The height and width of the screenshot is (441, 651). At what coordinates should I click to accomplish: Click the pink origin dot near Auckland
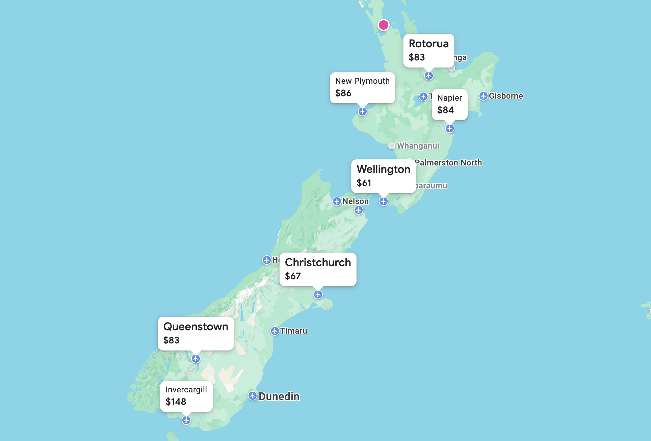[383, 25]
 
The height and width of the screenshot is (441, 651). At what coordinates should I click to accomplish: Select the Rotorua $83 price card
[428, 50]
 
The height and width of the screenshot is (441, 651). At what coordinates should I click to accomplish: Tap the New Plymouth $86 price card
[362, 87]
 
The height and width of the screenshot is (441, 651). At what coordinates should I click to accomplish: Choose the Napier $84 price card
[449, 104]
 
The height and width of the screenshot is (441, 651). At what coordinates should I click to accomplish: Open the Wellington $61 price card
[383, 176]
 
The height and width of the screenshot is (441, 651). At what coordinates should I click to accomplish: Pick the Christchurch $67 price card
[318, 269]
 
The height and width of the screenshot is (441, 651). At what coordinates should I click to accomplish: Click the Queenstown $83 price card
[196, 333]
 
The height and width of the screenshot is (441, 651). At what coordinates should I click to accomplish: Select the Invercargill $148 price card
[186, 396]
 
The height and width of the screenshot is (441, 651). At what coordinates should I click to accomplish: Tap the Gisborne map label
[506, 96]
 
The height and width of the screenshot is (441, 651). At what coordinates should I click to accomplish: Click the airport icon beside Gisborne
[484, 96]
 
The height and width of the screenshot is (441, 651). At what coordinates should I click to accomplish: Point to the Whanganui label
[418, 146]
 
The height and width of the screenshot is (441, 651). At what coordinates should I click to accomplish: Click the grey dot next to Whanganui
[392, 146]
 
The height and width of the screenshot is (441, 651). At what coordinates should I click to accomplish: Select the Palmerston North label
[448, 163]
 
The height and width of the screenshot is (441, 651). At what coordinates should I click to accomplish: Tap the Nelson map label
[356, 201]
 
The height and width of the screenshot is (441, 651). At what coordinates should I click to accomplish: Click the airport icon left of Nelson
[337, 201]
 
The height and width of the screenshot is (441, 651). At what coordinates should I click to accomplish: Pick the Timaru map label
[293, 331]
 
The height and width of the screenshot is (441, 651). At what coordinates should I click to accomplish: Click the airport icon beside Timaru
[275, 331]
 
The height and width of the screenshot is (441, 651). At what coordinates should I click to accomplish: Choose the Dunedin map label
[279, 396]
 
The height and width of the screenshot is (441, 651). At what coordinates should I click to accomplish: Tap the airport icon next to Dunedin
[253, 396]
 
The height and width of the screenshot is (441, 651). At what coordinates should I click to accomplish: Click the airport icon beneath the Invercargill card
[186, 420]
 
